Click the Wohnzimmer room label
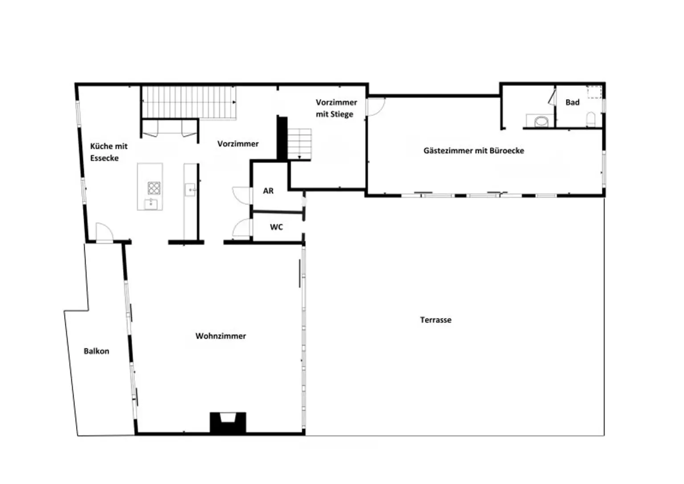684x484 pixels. click(x=220, y=336)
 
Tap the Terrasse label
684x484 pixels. click(x=436, y=320)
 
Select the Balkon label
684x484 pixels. click(x=97, y=351)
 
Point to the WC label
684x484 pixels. click(x=277, y=227)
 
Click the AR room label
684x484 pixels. click(x=268, y=191)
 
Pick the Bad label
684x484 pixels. click(x=572, y=102)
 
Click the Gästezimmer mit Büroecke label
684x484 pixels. click(x=474, y=150)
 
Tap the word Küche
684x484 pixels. click(x=101, y=146)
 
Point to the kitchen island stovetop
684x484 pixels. click(x=154, y=188)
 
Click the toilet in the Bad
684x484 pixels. click(x=591, y=119)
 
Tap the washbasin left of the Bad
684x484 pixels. click(x=541, y=121)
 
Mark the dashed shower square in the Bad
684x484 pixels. click(x=594, y=92)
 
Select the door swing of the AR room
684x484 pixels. click(x=242, y=195)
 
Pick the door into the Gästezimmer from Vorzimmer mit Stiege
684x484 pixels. click(x=376, y=106)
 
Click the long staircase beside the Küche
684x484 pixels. click(x=189, y=102)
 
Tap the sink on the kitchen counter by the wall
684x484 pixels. click(x=191, y=190)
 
